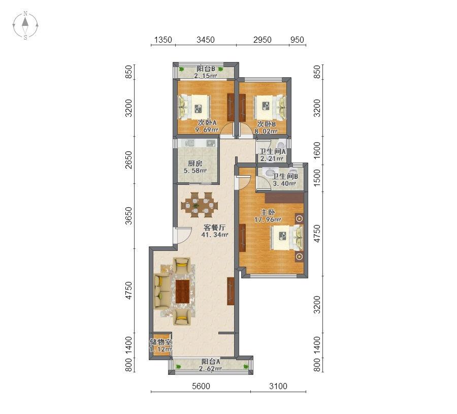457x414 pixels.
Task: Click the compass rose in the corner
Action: pyautogui.click(x=25, y=25)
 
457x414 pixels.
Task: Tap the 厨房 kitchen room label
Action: pyautogui.click(x=195, y=163)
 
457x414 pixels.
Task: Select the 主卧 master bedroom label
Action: pyautogui.click(x=268, y=212)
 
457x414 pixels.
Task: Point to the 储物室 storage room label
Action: pyautogui.click(x=160, y=342)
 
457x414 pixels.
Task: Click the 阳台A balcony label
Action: pyautogui.click(x=210, y=362)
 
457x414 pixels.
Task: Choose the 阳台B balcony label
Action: pyautogui.click(x=206, y=69)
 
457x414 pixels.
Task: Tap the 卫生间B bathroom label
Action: pyautogui.click(x=285, y=176)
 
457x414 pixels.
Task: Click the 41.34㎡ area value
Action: pyautogui.click(x=215, y=234)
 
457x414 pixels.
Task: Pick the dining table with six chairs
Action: pyautogui.click(x=200, y=205)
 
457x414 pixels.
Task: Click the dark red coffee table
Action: pyautogui.click(x=183, y=292)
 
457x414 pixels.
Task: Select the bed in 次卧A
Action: pyautogui.click(x=194, y=107)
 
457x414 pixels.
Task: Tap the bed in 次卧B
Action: pyautogui.click(x=270, y=107)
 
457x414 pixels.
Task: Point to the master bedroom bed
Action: pyautogui.click(x=287, y=237)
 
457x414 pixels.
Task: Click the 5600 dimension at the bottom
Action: pyautogui.click(x=201, y=386)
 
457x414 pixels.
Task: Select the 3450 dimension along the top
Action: pyautogui.click(x=206, y=40)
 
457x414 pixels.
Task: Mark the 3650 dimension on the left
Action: pyautogui.click(x=128, y=216)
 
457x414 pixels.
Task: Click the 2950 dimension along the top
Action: pyautogui.click(x=263, y=40)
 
